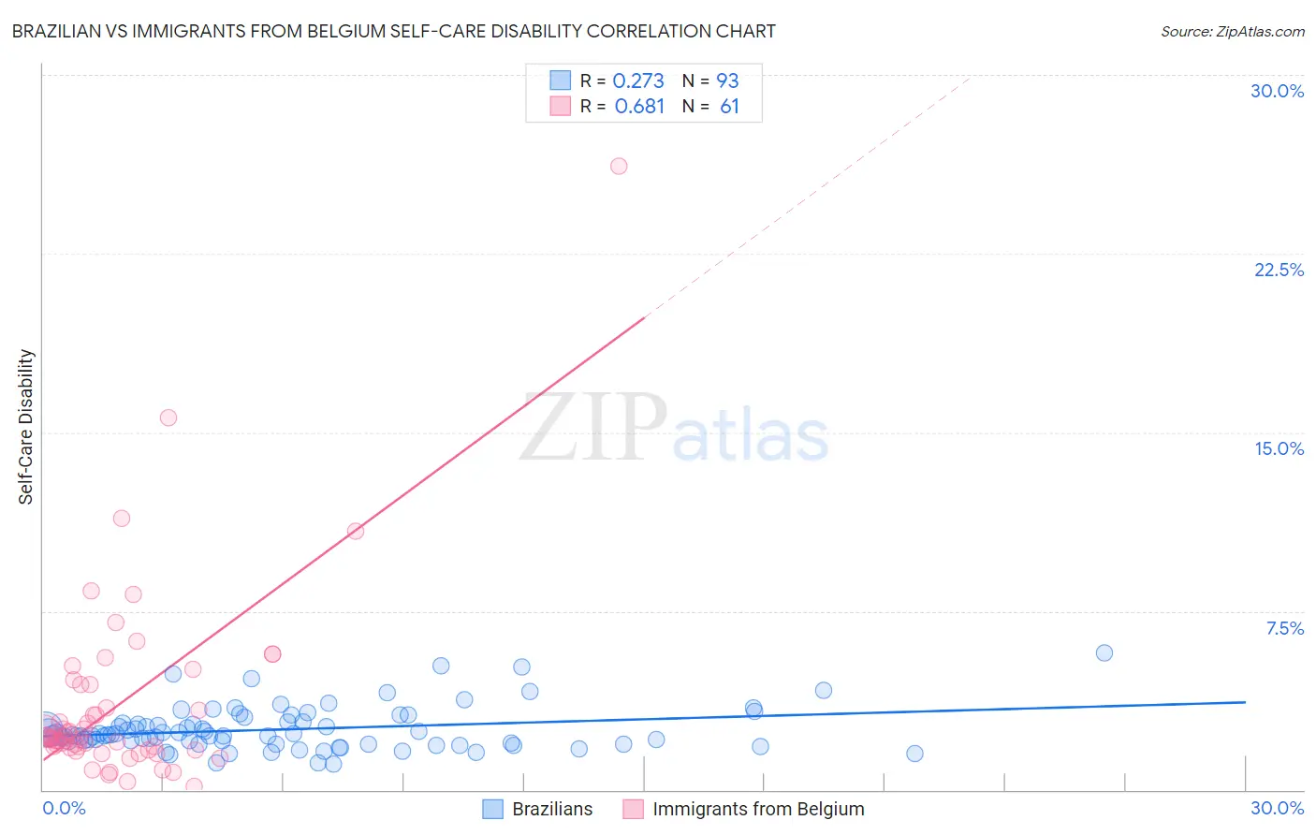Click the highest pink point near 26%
pos(619,166)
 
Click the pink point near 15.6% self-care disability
pos(168,417)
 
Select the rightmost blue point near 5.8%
pos(1104,652)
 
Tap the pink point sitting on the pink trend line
pos(356,531)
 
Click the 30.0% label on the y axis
pos(1278,91)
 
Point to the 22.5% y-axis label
pos(1279,270)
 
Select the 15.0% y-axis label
pos(1279,448)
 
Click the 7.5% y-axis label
pos(1284,628)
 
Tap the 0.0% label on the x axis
pos(64,808)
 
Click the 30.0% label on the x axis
pos(1277,808)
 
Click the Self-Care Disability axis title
pos(26,427)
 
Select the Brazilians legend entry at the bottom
pos(552,809)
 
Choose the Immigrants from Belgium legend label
pos(758,809)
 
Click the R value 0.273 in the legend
pos(638,81)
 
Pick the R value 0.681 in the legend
pos(639,107)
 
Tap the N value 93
pos(727,81)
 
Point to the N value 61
pos(729,107)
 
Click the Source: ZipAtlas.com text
pos(1232,32)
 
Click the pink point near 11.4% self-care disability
pos(122,518)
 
